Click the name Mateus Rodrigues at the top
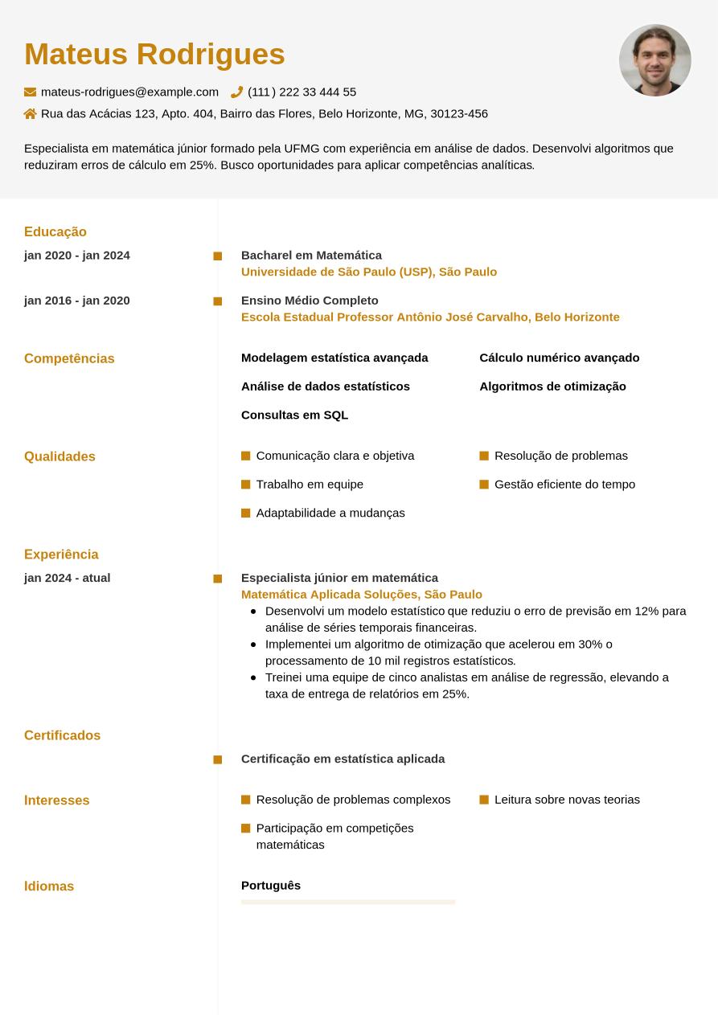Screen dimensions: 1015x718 154,55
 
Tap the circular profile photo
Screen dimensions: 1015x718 654,60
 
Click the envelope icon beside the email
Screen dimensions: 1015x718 31,92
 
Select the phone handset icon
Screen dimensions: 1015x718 236,92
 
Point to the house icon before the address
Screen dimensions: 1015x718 31,114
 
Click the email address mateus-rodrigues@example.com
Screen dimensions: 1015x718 129,92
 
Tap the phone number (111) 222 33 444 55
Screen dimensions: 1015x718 302,92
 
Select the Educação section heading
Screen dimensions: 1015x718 55,232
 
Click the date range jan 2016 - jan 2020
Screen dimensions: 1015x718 77,301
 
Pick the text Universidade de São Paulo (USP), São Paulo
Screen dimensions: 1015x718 369,272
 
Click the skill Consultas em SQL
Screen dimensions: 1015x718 294,415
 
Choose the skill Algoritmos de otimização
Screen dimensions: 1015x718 552,387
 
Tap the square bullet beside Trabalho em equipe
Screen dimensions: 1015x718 246,485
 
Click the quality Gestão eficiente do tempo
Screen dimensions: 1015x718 564,485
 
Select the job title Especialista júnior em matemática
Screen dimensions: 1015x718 339,578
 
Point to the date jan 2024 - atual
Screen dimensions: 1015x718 68,578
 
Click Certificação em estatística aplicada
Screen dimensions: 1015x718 343,759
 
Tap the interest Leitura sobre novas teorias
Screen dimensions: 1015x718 567,800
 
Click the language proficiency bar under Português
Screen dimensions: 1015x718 348,902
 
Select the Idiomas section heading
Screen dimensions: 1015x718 49,886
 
